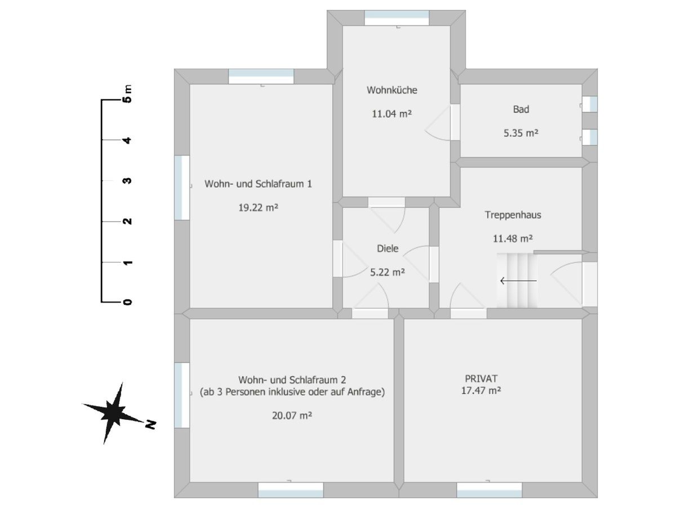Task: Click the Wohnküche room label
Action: (392, 90)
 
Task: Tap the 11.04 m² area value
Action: (392, 114)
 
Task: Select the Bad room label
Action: (521, 109)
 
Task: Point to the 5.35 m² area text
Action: (521, 133)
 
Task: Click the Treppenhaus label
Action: (513, 215)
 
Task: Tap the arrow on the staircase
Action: (518, 280)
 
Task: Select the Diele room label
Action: (388, 248)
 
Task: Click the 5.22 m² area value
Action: (388, 272)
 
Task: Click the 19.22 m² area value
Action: (258, 207)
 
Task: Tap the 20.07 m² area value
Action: (292, 416)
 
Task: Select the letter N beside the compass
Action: (150, 424)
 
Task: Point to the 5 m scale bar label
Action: (128, 95)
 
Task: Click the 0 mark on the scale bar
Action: (128, 302)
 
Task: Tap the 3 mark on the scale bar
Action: (128, 181)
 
